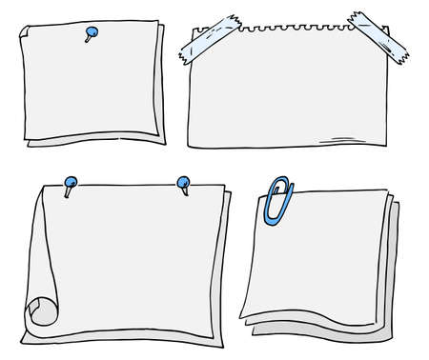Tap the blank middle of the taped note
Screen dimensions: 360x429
tap(296, 95)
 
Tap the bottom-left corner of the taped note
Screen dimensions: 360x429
tap(194, 147)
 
